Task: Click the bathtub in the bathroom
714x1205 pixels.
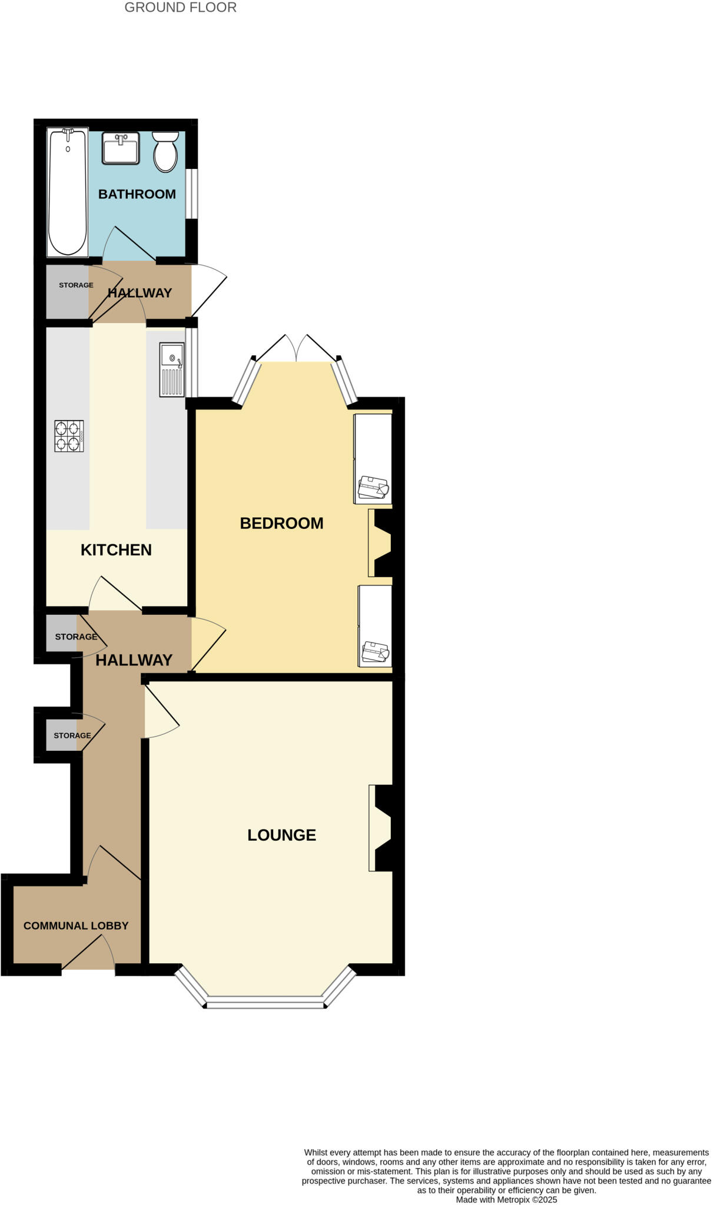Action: click(x=68, y=192)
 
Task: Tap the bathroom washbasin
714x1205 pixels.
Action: click(x=121, y=148)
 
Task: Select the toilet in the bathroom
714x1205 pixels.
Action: click(x=165, y=152)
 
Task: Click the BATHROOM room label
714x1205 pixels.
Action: click(x=137, y=194)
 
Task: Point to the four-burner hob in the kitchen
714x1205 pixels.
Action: click(x=69, y=436)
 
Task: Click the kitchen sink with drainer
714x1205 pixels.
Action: click(x=172, y=369)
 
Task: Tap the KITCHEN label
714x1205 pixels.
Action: click(x=116, y=550)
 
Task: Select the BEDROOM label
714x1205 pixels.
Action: click(x=281, y=523)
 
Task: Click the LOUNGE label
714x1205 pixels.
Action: click(x=281, y=835)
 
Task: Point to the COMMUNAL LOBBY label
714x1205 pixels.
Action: click(x=76, y=926)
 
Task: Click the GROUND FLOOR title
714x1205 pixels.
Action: click(x=180, y=8)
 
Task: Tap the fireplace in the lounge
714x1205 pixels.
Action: click(x=381, y=828)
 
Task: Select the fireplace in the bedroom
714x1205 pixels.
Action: click(x=381, y=542)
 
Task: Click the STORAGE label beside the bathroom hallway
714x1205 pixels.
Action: click(x=76, y=285)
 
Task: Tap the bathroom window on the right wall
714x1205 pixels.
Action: click(x=191, y=194)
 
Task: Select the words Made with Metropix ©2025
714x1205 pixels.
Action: click(x=506, y=1199)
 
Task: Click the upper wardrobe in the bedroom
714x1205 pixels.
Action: click(x=373, y=459)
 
